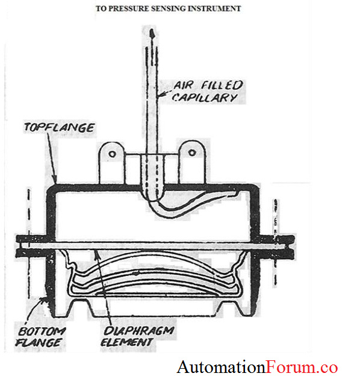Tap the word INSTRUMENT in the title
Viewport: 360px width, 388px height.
[x=216, y=9]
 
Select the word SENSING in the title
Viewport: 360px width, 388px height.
[x=175, y=9]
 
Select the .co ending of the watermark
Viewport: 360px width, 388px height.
[x=328, y=366]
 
